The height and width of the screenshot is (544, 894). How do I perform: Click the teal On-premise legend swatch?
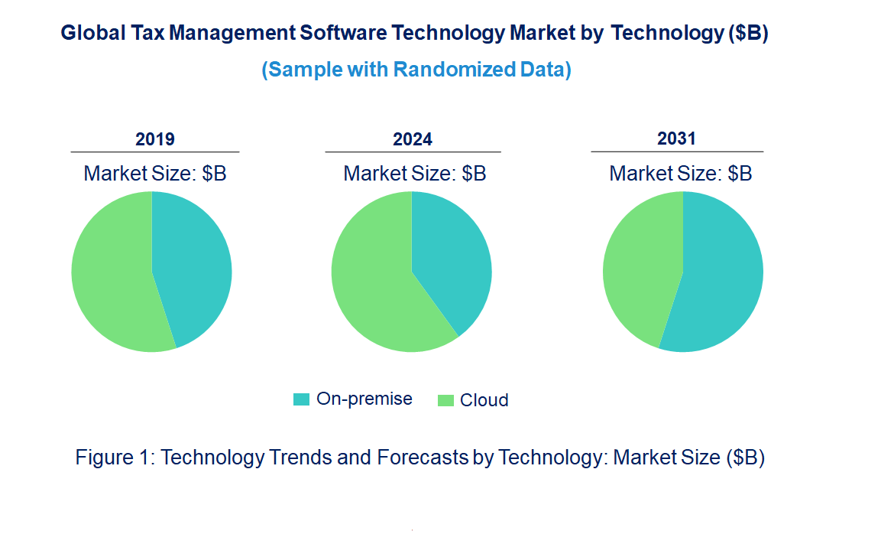click(x=302, y=399)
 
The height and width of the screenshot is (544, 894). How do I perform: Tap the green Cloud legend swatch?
click(x=445, y=400)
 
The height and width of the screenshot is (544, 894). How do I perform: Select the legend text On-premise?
click(x=364, y=399)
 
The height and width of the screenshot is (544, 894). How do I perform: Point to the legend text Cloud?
click(x=484, y=400)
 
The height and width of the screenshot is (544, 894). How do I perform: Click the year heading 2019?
click(x=155, y=139)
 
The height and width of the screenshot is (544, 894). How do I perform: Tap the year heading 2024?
click(x=413, y=139)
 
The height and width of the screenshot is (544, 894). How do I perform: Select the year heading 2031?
click(x=677, y=138)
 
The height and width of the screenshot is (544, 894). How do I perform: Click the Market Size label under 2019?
click(x=155, y=174)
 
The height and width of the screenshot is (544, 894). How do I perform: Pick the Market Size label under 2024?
click(x=415, y=174)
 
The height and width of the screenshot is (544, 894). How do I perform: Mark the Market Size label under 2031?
click(x=681, y=174)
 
